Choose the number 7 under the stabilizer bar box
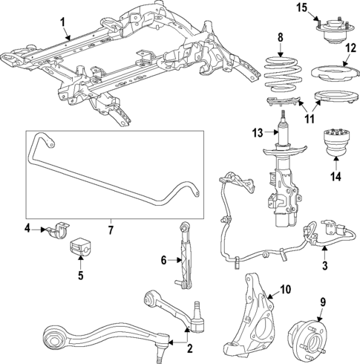110,231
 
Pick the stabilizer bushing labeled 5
79,249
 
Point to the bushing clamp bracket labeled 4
54,230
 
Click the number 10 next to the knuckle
284,290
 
